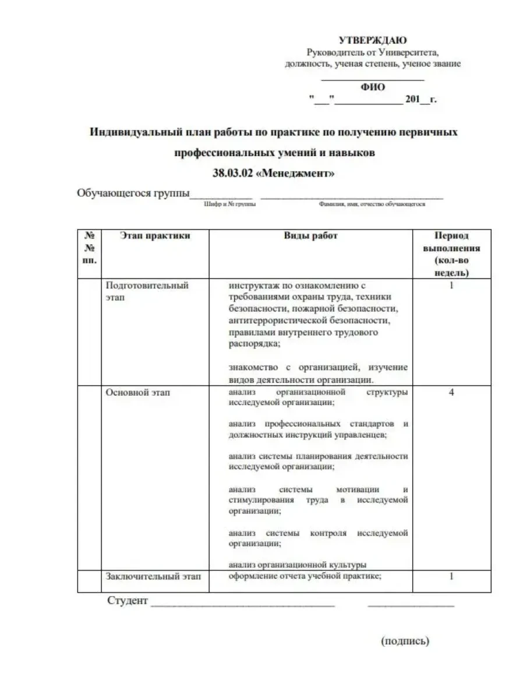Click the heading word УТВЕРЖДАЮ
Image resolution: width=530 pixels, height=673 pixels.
click(373, 40)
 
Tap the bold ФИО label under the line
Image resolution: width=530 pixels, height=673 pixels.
click(373, 87)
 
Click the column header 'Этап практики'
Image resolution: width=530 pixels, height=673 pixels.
click(155, 236)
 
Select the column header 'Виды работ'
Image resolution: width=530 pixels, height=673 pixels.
click(310, 236)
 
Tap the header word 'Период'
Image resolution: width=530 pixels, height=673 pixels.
click(451, 236)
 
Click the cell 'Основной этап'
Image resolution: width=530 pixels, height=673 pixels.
click(137, 393)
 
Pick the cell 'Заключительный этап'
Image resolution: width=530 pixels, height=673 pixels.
click(153, 576)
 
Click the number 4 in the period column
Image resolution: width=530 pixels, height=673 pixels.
click(451, 393)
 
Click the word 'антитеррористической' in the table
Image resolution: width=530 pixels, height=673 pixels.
click(274, 321)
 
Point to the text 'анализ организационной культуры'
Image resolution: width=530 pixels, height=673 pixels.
click(297, 564)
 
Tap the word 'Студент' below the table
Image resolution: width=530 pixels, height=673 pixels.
click(128, 601)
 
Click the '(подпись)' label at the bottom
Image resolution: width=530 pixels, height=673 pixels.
click(405, 642)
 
